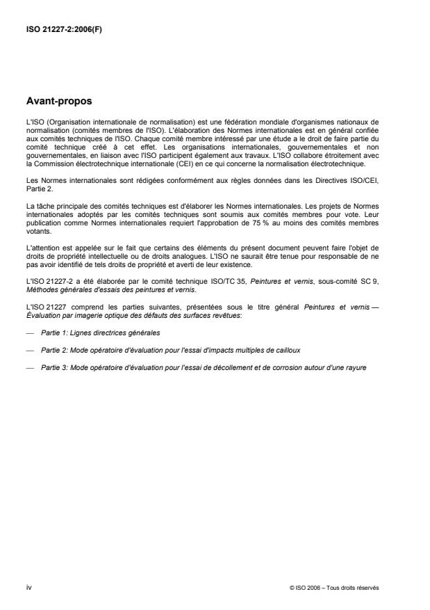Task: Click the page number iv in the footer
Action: click(x=28, y=587)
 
